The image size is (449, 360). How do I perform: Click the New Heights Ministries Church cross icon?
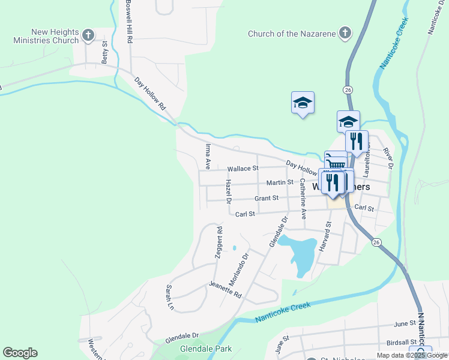pos(88,35)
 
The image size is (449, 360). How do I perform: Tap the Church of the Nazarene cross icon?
pos(345,34)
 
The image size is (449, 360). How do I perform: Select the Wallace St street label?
pos(243,169)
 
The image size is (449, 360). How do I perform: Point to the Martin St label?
pos(280,182)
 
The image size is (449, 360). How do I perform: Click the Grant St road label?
pos(267,198)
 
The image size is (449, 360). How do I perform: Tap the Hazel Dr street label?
pos(228,191)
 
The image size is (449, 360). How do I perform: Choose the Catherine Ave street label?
pos(303,197)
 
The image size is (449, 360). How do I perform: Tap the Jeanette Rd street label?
pos(225,289)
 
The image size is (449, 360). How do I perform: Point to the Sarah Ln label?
pos(169,298)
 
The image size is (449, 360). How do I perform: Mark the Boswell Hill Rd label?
pos(128,21)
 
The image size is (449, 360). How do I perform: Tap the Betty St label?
pos(104,52)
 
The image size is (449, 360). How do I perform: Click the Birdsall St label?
pos(402,342)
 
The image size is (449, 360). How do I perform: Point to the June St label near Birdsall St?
pos(405,323)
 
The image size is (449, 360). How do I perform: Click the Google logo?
pos(20,353)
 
